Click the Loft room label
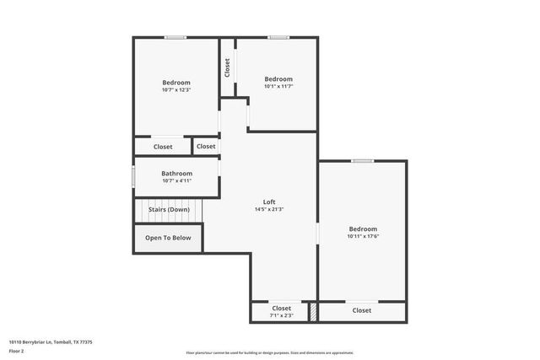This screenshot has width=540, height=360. pyautogui.click(x=269, y=201)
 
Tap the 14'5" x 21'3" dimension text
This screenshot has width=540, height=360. pyautogui.click(x=269, y=209)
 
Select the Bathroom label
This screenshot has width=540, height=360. pyautogui.click(x=176, y=174)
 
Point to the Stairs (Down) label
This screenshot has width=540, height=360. pyautogui.click(x=169, y=209)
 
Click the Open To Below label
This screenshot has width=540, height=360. pyautogui.click(x=168, y=238)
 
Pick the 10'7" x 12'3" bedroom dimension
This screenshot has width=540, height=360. pyautogui.click(x=176, y=89)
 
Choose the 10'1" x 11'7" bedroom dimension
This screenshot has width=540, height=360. pyautogui.click(x=278, y=86)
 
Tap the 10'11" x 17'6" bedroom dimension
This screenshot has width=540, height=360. pyautogui.click(x=363, y=236)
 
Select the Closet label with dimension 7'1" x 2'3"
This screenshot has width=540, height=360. pyautogui.click(x=281, y=308)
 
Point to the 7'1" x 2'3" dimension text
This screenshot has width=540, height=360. pyautogui.click(x=281, y=315)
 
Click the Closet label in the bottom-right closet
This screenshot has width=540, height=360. pyautogui.click(x=361, y=310)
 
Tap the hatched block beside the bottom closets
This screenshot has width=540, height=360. pyautogui.click(x=313, y=311)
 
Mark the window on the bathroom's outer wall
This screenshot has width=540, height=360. pyautogui.click(x=133, y=178)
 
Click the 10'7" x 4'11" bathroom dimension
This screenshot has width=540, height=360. pyautogui.click(x=176, y=180)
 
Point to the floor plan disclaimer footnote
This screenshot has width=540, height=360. pyautogui.click(x=269, y=352)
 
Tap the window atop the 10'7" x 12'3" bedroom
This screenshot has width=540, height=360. pyautogui.click(x=175, y=37)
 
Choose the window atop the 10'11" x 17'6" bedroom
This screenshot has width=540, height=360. pyautogui.click(x=363, y=161)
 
